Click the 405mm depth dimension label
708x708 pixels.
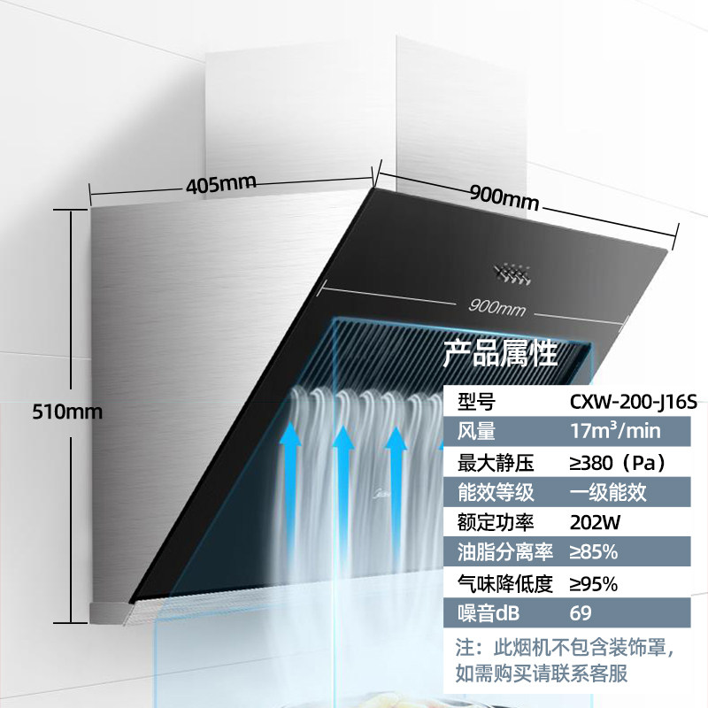(220, 185)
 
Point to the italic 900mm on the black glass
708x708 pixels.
(498, 307)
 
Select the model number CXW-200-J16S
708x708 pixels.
(625, 402)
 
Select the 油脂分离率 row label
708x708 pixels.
(503, 552)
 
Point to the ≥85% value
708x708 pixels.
(593, 552)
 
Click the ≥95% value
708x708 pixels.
(593, 583)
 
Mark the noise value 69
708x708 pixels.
(581, 613)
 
